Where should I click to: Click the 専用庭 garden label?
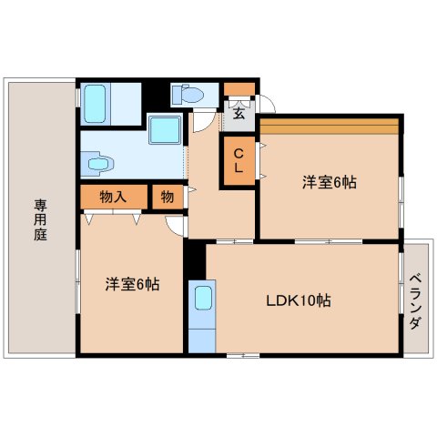point(40,219)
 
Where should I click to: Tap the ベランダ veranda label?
point(415,301)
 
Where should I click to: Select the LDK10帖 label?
point(299,300)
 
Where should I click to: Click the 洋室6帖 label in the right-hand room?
point(330,182)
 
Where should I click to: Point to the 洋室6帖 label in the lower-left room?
point(132,284)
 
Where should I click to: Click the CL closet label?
point(239,160)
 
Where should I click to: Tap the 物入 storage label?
point(113,198)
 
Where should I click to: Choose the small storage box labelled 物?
point(168,198)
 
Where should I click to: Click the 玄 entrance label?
point(239,114)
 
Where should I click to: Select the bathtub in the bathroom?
point(95,104)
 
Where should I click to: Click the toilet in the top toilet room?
point(188,95)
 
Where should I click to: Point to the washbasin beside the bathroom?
point(97,164)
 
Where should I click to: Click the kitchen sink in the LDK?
point(203,298)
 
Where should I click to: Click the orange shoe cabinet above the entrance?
point(239,89)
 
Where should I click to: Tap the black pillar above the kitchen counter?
point(195,259)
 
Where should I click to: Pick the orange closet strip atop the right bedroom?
point(330,127)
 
